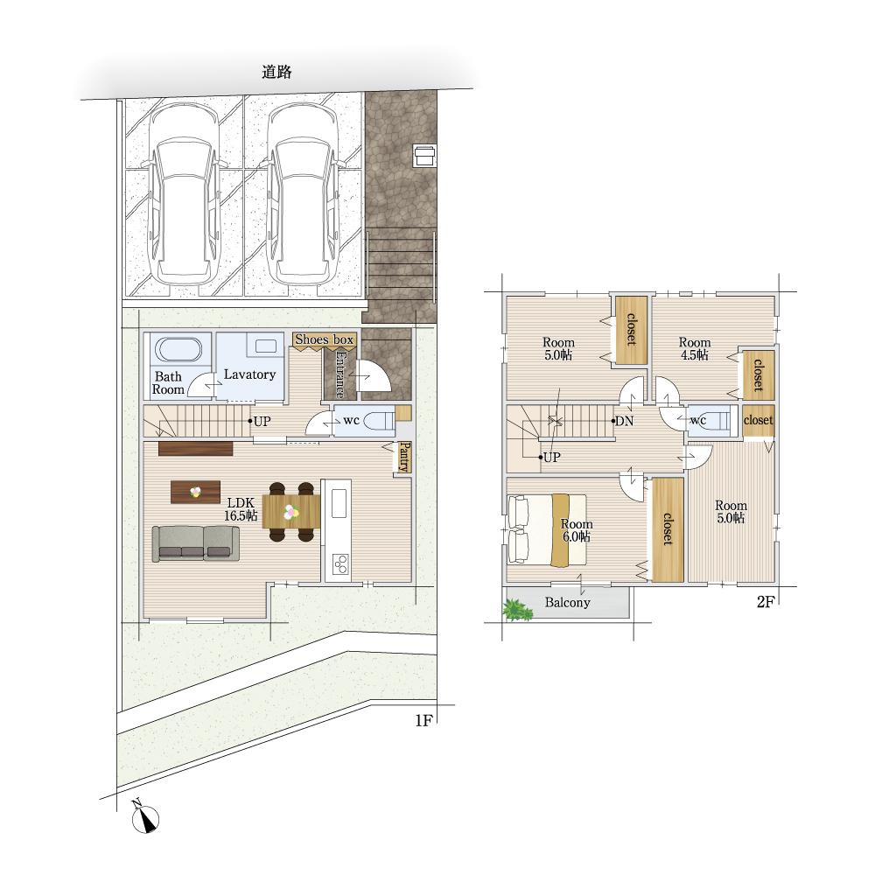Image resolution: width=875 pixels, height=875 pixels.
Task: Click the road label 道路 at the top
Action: [276, 72]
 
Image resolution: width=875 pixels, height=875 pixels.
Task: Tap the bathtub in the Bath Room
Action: [178, 350]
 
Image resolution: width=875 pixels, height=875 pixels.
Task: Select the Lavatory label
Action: [249, 374]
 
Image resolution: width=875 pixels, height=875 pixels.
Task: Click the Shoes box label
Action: [325, 339]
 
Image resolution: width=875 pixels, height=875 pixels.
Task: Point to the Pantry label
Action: [404, 457]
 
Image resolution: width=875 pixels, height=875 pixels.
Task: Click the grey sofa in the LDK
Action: [196, 543]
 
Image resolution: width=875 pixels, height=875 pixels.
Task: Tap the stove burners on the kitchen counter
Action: [340, 563]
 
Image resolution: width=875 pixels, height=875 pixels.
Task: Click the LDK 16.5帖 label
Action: [241, 509]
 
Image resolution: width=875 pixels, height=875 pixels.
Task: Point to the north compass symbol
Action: [145, 818]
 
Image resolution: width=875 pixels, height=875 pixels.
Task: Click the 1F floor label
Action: [423, 720]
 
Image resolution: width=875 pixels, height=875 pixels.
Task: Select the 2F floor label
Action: [765, 602]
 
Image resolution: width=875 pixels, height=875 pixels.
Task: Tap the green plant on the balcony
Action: [518, 610]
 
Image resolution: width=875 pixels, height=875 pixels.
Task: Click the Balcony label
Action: [567, 602]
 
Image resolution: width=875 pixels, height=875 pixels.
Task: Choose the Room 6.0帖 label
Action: [577, 530]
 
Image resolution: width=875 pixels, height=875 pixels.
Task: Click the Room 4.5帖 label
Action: [695, 348]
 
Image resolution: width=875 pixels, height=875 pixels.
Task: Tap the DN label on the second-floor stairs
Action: [624, 421]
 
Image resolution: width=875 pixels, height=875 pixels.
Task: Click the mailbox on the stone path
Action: [424, 155]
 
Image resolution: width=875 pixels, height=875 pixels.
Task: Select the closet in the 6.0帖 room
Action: [668, 530]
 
